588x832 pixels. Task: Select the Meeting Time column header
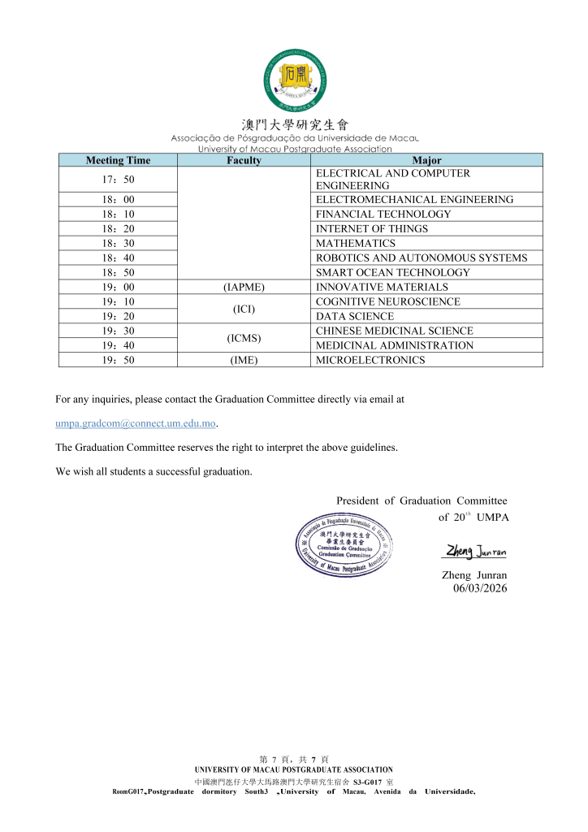click(118, 161)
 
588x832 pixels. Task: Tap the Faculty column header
click(244, 161)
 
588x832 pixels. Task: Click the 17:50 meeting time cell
click(118, 179)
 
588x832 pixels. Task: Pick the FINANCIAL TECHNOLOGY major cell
click(383, 214)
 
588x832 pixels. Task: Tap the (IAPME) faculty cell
click(244, 288)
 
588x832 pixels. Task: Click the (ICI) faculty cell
click(244, 309)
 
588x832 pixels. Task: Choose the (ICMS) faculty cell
click(244, 338)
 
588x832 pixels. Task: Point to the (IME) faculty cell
click(244, 361)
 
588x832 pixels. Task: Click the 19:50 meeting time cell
click(118, 361)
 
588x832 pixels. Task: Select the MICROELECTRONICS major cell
click(370, 361)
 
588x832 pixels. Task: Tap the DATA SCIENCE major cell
click(355, 317)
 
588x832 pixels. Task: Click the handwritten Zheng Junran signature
click(475, 552)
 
